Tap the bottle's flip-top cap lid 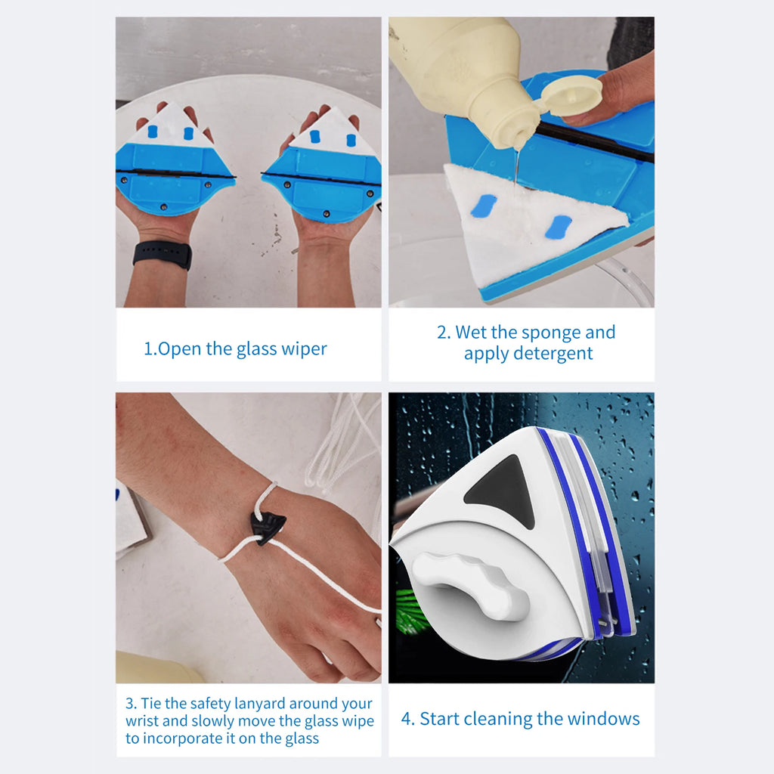coord(572,95)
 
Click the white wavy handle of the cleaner coord(473,583)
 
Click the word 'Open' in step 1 coord(179,349)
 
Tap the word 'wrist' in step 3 coord(142,721)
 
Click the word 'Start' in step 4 coord(439,719)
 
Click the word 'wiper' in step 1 coord(308,349)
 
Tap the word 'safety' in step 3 coord(217,704)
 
